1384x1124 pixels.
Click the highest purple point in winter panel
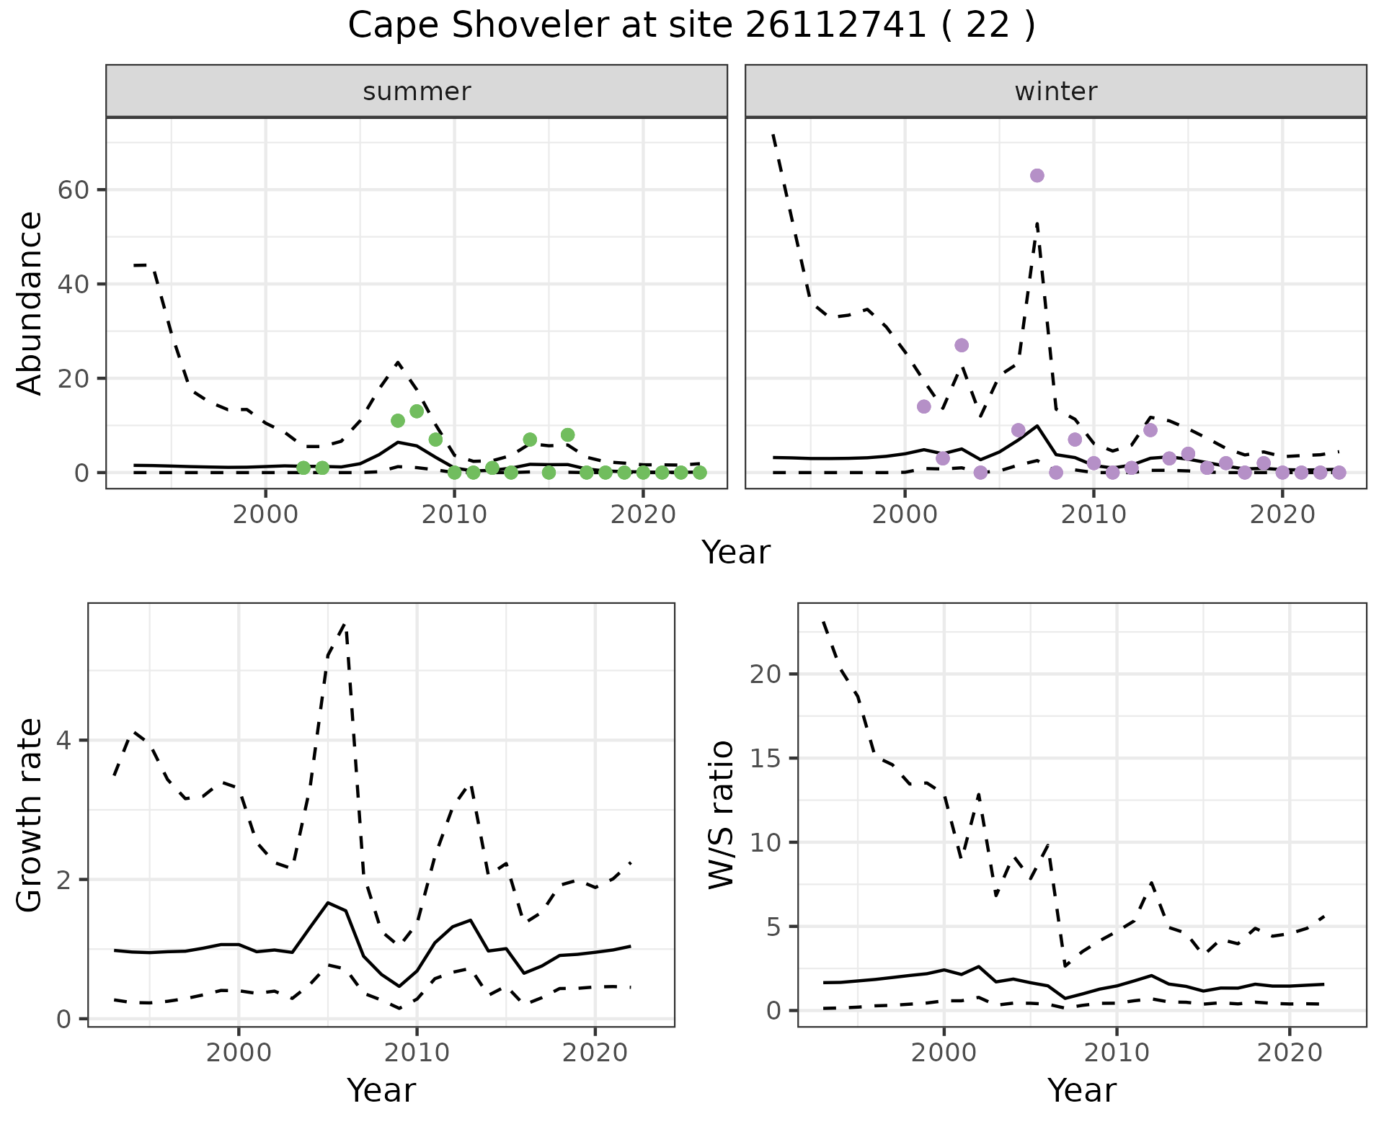coord(1037,176)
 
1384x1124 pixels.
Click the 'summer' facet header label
coord(417,92)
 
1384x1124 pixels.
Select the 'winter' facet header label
coord(1055,92)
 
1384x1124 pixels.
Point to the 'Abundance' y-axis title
coord(30,303)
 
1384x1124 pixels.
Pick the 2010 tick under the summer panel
coord(454,514)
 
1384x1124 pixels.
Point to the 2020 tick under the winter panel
coord(1282,514)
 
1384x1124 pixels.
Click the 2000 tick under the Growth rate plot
coord(239,1053)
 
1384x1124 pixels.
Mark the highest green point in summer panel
coord(417,411)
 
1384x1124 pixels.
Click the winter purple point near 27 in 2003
coord(961,345)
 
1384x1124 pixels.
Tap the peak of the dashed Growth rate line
coord(345,624)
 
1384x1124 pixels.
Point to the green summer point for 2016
coord(567,434)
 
